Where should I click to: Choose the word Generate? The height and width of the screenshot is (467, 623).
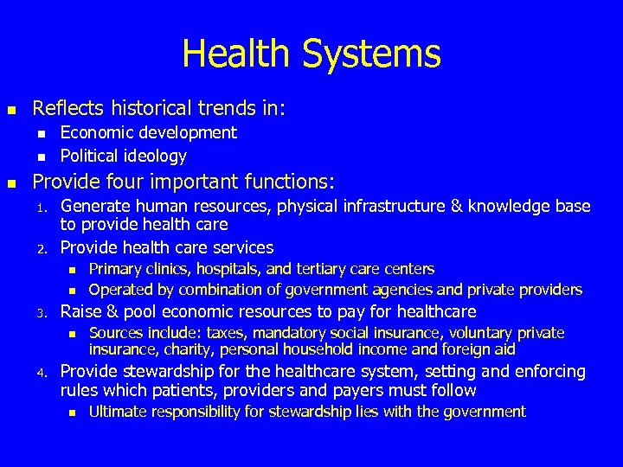(x=96, y=206)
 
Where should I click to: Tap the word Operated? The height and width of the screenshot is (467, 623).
(x=121, y=289)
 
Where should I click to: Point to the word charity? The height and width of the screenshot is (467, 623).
(x=188, y=349)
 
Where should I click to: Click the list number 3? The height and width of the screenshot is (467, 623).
(x=40, y=313)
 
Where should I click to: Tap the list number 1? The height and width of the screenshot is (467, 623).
(x=40, y=208)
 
